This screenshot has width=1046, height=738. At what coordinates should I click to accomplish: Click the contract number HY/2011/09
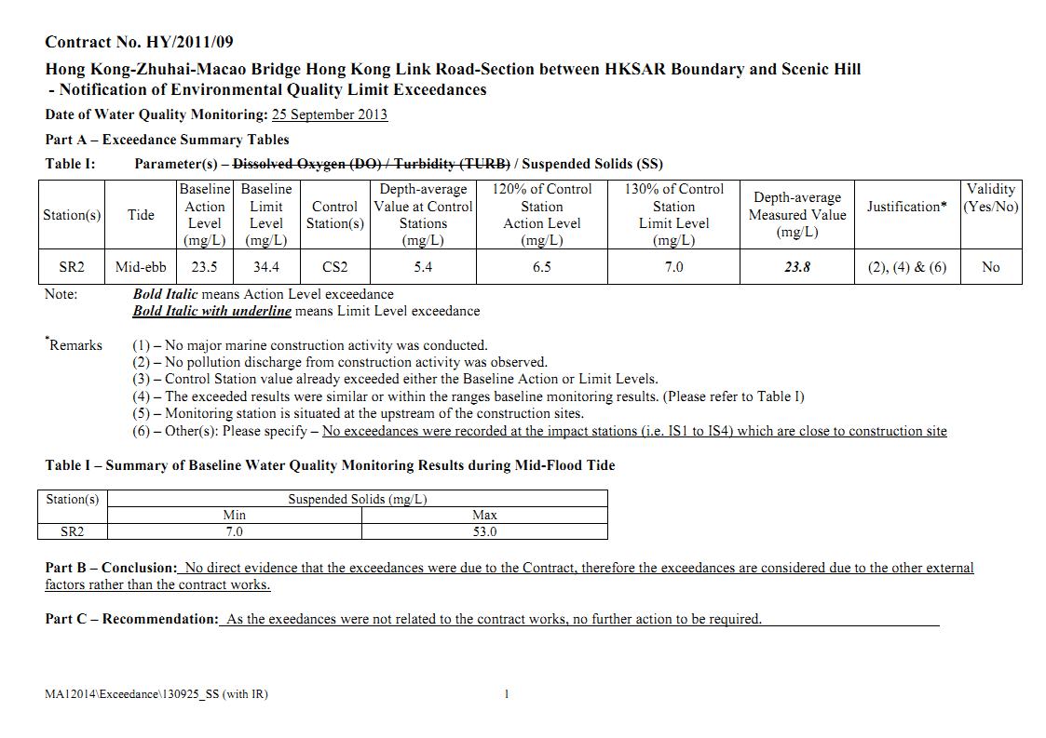coord(190,42)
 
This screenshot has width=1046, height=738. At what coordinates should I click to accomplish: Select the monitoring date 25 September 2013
coord(329,114)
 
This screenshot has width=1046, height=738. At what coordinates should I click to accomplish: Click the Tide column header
coord(141,215)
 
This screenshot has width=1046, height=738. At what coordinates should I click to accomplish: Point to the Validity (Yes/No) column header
coord(990,197)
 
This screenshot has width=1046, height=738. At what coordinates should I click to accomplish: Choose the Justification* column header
coord(906,207)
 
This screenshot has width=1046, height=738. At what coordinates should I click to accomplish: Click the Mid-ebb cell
coord(141,267)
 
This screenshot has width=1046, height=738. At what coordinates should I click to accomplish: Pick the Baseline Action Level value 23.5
coord(204,267)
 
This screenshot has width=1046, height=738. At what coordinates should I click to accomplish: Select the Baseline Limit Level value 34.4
coord(265,267)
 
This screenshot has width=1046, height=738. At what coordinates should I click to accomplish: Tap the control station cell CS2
coord(334,267)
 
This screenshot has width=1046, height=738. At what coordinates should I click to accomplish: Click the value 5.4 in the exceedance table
coord(423,267)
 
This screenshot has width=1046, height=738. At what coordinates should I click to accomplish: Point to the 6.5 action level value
coord(541,267)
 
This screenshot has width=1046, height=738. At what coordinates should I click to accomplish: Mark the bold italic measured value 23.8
coord(796,267)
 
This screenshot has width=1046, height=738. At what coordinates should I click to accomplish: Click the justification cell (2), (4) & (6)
coord(906,267)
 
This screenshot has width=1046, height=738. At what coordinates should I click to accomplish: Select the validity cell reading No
coord(990,267)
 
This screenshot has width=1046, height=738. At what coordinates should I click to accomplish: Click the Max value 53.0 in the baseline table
coord(484,532)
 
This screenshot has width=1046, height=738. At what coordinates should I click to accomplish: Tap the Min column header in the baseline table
coord(234,515)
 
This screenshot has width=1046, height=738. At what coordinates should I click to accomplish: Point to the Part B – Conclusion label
coord(111,568)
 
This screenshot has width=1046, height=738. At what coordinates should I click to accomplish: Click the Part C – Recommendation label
coord(131,619)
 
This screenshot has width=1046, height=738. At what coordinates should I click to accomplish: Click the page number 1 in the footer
coord(506,694)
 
